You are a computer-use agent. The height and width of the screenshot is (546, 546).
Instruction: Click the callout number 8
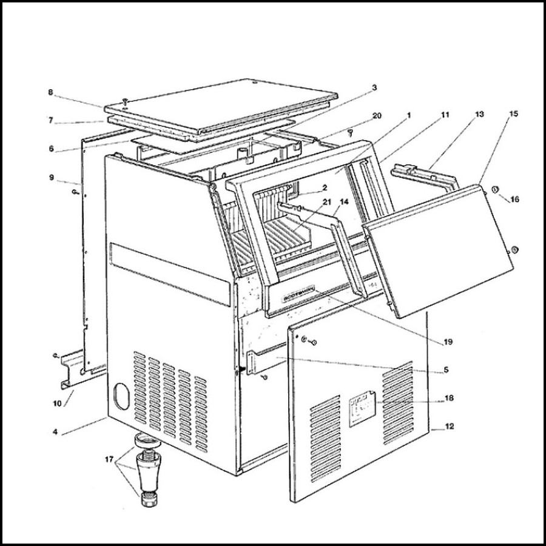[51, 93]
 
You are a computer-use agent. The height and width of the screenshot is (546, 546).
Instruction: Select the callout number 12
[450, 427]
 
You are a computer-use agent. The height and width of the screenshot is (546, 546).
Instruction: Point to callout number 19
[448, 342]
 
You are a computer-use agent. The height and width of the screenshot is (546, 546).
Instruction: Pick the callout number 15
[513, 113]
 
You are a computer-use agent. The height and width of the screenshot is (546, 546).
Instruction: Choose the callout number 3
[374, 87]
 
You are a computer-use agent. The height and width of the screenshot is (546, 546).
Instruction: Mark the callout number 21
[327, 201]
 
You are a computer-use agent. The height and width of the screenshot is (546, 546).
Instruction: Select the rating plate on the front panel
[362, 413]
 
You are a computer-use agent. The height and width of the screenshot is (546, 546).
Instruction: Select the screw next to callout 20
[351, 131]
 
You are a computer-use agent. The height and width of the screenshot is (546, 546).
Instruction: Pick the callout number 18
[449, 399]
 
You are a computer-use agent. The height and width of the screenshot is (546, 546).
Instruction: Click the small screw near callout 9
[75, 192]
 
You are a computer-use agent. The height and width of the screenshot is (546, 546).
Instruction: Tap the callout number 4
[55, 432]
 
